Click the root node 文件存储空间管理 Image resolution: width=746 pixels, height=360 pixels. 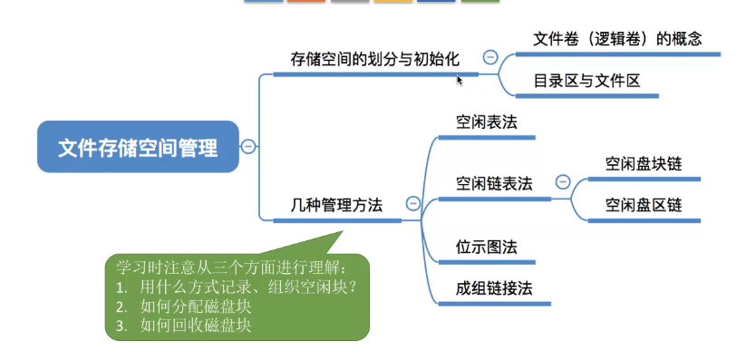tap(138, 147)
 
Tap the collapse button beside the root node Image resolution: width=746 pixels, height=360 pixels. tap(248, 146)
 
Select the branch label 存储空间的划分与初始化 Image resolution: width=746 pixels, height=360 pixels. tap(375, 60)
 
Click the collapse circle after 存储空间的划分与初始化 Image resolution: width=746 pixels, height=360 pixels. tap(490, 58)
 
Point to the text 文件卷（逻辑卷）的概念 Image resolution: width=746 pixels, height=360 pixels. tap(617, 39)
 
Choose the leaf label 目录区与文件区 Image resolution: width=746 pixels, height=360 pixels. tap(586, 81)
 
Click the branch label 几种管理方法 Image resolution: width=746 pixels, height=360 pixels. tap(336, 206)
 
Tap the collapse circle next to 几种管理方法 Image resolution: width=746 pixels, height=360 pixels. tap(413, 204)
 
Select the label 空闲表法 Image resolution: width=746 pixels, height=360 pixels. tap(486, 122)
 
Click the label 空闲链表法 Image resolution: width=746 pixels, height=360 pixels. tap(494, 184)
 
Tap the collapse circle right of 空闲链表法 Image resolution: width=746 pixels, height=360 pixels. tap(563, 182)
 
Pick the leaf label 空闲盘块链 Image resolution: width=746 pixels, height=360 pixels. tap(644, 164)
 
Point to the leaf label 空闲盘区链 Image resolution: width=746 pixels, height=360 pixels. tap(644, 206)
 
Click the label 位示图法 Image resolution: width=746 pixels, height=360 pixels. tap(486, 248)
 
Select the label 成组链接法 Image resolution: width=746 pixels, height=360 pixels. tap(494, 288)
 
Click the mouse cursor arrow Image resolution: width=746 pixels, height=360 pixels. tap(460, 81)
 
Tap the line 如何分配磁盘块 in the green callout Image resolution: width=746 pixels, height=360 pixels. tap(184, 306)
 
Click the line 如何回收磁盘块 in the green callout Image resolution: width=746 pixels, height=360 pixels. tap(184, 326)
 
